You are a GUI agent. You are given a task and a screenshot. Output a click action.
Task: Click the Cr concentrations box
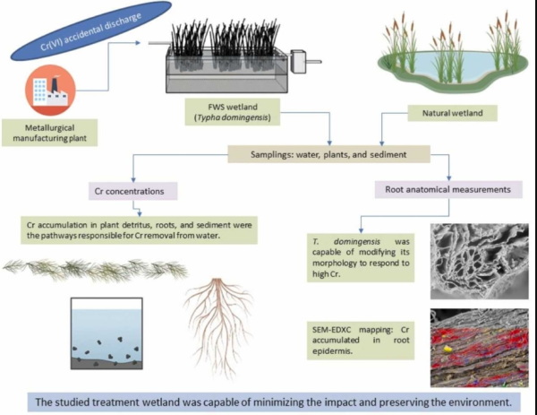point(133,191)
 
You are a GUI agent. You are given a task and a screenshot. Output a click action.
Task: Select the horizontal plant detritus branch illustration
point(93,270)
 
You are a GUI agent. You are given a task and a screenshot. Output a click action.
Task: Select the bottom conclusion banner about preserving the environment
point(268,400)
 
